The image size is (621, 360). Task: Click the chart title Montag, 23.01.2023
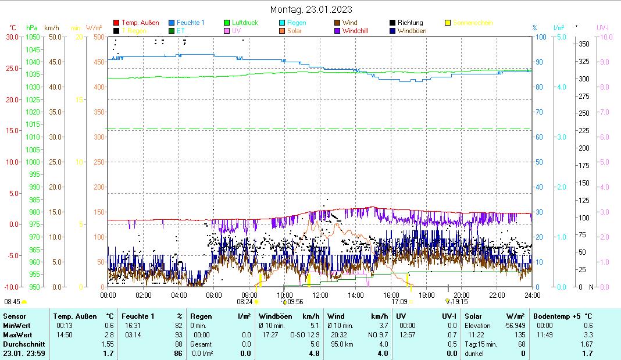[x=311, y=9]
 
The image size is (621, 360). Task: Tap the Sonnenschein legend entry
[x=473, y=23]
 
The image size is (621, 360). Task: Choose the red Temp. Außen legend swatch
[x=116, y=23]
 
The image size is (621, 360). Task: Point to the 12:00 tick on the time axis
[x=320, y=295]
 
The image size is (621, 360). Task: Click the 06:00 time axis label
[x=213, y=295]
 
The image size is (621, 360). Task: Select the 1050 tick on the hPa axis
[x=33, y=37]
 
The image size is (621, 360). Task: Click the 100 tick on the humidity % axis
[x=540, y=37]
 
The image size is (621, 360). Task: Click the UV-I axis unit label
[x=602, y=27]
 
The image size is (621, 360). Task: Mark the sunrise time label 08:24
[x=244, y=302]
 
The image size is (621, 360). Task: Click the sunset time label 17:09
[x=399, y=302]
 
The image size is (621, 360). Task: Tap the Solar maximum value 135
[x=521, y=335]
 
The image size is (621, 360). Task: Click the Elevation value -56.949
[x=512, y=326]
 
